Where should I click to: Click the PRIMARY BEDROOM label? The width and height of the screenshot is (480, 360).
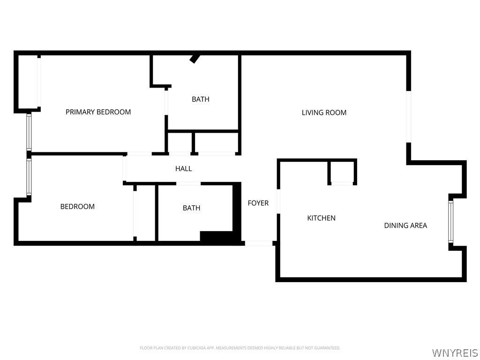pyautogui.click(x=98, y=112)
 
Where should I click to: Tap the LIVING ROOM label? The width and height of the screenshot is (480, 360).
pyautogui.click(x=324, y=112)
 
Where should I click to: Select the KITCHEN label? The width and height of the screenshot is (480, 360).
pyautogui.click(x=321, y=218)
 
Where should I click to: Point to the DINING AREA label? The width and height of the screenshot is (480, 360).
pyautogui.click(x=405, y=225)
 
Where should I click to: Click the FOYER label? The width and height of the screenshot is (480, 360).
pyautogui.click(x=258, y=203)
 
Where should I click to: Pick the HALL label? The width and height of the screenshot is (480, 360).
pyautogui.click(x=183, y=169)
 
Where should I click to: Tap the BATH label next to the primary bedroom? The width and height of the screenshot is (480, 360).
pyautogui.click(x=201, y=99)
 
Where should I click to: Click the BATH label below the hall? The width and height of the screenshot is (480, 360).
pyautogui.click(x=191, y=208)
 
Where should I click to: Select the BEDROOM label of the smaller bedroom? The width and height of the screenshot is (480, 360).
pyautogui.click(x=77, y=207)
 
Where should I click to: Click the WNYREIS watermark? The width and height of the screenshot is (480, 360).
pyautogui.click(x=455, y=352)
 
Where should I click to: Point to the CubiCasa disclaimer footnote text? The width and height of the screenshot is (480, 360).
pyautogui.click(x=240, y=348)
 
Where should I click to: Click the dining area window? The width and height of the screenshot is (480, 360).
pyautogui.click(x=450, y=222)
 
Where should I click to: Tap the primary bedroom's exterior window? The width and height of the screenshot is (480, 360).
pyautogui.click(x=29, y=132)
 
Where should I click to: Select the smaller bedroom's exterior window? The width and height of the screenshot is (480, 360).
pyautogui.click(x=29, y=177)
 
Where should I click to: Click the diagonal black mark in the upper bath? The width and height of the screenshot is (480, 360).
pyautogui.click(x=195, y=59)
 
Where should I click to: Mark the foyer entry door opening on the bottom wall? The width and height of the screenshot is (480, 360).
pyautogui.click(x=259, y=243)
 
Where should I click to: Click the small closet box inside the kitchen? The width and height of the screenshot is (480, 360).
pyautogui.click(x=342, y=172)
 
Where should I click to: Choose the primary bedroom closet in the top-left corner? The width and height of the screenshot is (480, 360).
pyautogui.click(x=28, y=82)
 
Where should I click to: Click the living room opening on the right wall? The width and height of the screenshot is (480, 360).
pyautogui.click(x=409, y=117)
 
